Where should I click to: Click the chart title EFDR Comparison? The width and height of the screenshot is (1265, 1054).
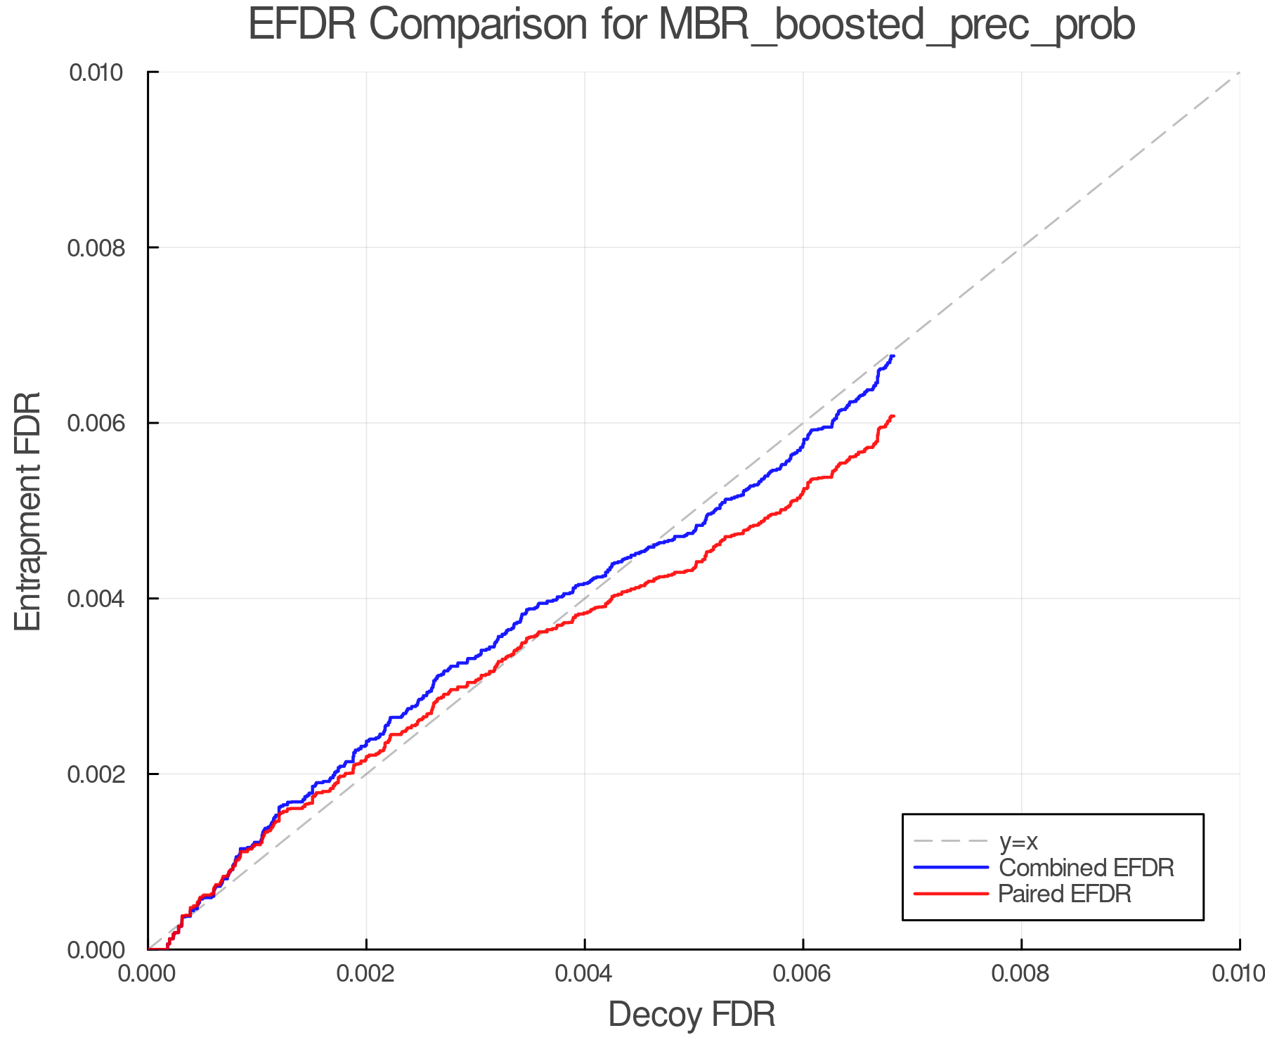[x=692, y=25]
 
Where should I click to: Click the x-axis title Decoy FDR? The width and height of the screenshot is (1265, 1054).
[x=692, y=1015]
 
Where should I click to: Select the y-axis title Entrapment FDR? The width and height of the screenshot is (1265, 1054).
[x=29, y=511]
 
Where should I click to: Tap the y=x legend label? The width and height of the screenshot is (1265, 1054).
[x=1018, y=841]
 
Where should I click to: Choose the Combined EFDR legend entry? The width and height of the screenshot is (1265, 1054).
[x=1086, y=868]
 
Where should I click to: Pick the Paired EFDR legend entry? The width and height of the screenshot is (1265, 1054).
[x=1065, y=894]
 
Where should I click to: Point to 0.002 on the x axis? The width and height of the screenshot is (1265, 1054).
[x=366, y=974]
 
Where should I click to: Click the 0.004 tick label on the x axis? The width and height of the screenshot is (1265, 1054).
[x=585, y=974]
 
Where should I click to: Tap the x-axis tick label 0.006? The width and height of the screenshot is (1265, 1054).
[x=803, y=974]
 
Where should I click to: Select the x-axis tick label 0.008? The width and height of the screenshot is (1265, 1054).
[x=1021, y=974]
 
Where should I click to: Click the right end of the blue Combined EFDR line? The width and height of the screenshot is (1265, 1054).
[x=893, y=356]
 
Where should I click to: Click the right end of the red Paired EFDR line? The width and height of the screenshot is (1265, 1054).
[x=893, y=416]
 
